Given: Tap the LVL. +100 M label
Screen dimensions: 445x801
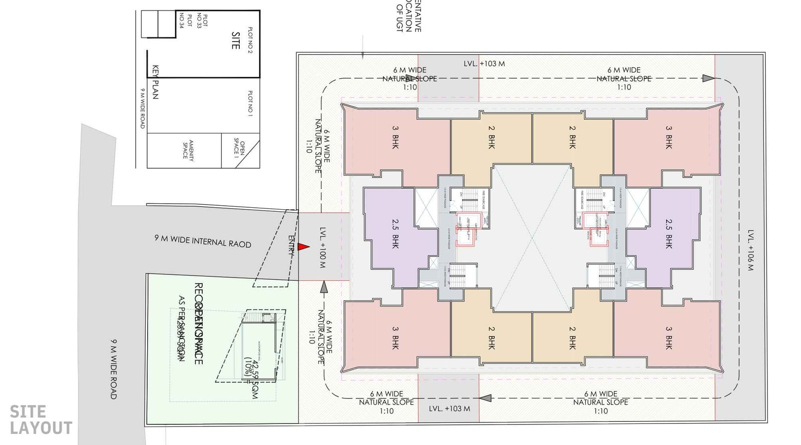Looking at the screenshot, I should (x=322, y=247).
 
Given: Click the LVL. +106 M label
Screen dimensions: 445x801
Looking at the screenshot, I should (x=750, y=250).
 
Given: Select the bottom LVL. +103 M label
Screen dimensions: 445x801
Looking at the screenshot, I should (x=449, y=408).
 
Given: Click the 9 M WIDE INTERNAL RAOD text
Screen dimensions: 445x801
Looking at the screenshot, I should (x=203, y=241).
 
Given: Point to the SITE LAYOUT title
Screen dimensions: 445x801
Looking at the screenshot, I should (x=40, y=419).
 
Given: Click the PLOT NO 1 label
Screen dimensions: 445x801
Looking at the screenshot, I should (x=250, y=103).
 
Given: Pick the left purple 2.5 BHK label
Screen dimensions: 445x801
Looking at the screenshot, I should (x=395, y=234).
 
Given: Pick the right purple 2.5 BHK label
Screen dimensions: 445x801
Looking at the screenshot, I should (x=668, y=234).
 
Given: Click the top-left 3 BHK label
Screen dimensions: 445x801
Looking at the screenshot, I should (x=395, y=137).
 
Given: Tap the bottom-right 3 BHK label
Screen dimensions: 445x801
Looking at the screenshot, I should (x=668, y=338).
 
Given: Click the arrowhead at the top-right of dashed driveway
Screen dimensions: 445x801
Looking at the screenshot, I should (x=708, y=78).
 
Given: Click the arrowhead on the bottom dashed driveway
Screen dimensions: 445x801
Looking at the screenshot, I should (x=485, y=398).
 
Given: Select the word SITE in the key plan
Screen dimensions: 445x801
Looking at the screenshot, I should (x=235, y=41).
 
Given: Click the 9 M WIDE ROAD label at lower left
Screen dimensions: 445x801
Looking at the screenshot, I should (x=113, y=368).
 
